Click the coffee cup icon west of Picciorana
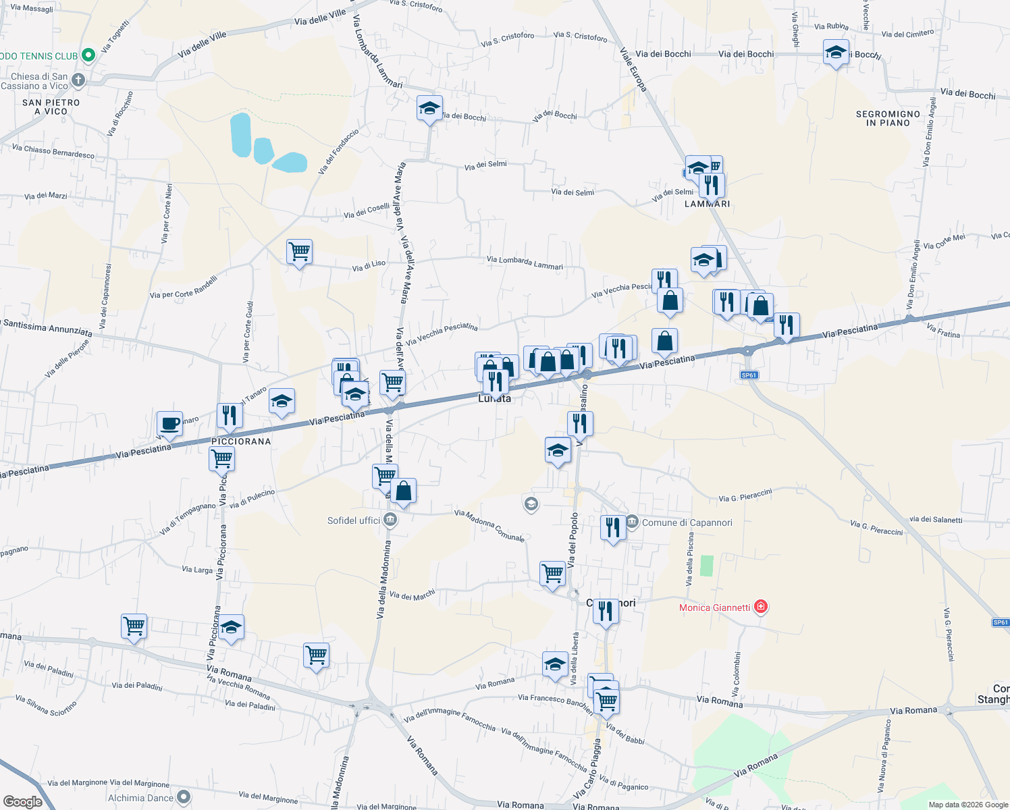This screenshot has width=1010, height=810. (x=170, y=424)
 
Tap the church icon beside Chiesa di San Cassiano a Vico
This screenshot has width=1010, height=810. (x=78, y=81)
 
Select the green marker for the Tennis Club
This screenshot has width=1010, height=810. (x=87, y=55)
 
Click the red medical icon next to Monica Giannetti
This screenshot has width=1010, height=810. (x=761, y=607)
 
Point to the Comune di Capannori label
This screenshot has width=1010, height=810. (x=687, y=522)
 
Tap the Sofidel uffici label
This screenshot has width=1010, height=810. (x=353, y=520)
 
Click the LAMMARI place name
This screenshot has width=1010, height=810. (x=707, y=204)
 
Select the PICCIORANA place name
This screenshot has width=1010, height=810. (x=241, y=441)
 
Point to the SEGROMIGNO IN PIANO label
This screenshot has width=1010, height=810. (x=888, y=119)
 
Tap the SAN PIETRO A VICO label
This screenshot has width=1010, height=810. (x=51, y=107)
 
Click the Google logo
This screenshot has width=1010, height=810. (x=23, y=801)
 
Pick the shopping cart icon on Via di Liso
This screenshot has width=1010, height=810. (x=299, y=252)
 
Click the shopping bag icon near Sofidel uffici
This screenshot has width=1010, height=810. (x=403, y=491)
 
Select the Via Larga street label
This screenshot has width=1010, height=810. (x=197, y=570)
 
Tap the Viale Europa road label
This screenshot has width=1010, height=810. (x=633, y=70)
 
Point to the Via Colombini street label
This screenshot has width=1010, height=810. (x=737, y=674)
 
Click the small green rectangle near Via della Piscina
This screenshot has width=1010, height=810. (x=706, y=565)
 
